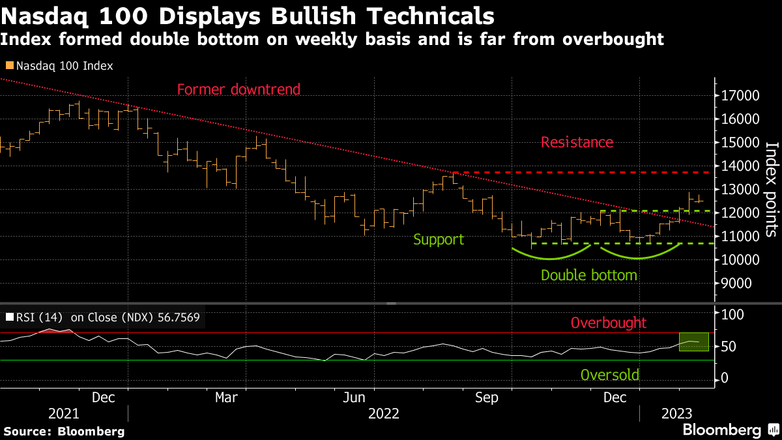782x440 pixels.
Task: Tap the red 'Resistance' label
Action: click(577, 142)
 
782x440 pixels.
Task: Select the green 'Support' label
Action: click(439, 239)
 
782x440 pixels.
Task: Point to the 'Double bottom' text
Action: click(588, 275)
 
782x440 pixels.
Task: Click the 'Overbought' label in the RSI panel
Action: click(608, 323)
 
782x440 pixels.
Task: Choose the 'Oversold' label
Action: click(609, 375)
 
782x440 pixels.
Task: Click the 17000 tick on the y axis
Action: click(742, 96)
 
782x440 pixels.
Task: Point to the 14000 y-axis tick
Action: click(742, 166)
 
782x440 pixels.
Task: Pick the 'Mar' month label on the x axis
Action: click(226, 397)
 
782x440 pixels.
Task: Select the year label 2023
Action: click(676, 414)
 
